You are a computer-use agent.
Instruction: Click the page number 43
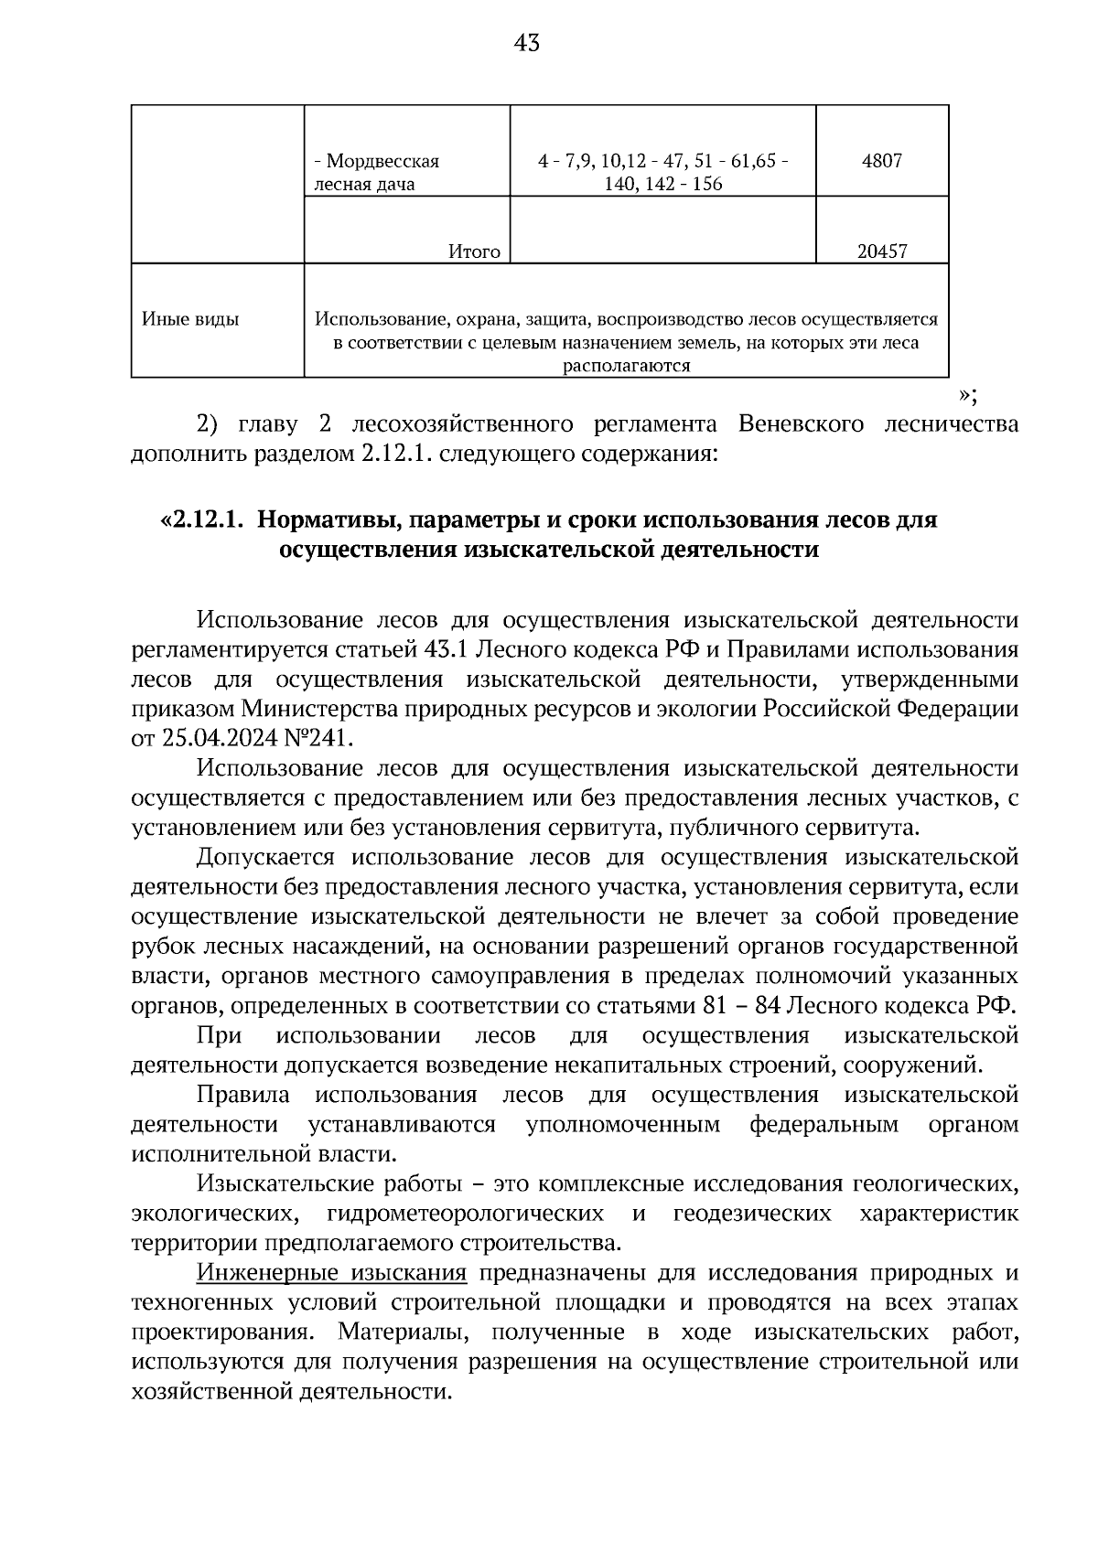point(528,43)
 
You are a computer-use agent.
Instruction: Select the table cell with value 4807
point(881,161)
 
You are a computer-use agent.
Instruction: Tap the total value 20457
point(881,251)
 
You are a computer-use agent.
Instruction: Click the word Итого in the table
point(474,251)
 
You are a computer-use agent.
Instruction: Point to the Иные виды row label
point(190,319)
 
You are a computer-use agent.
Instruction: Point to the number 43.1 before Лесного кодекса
point(445,650)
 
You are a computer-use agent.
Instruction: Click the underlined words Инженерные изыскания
point(332,1273)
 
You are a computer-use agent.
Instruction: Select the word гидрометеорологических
point(464,1214)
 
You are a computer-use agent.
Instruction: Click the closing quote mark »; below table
point(968,395)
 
